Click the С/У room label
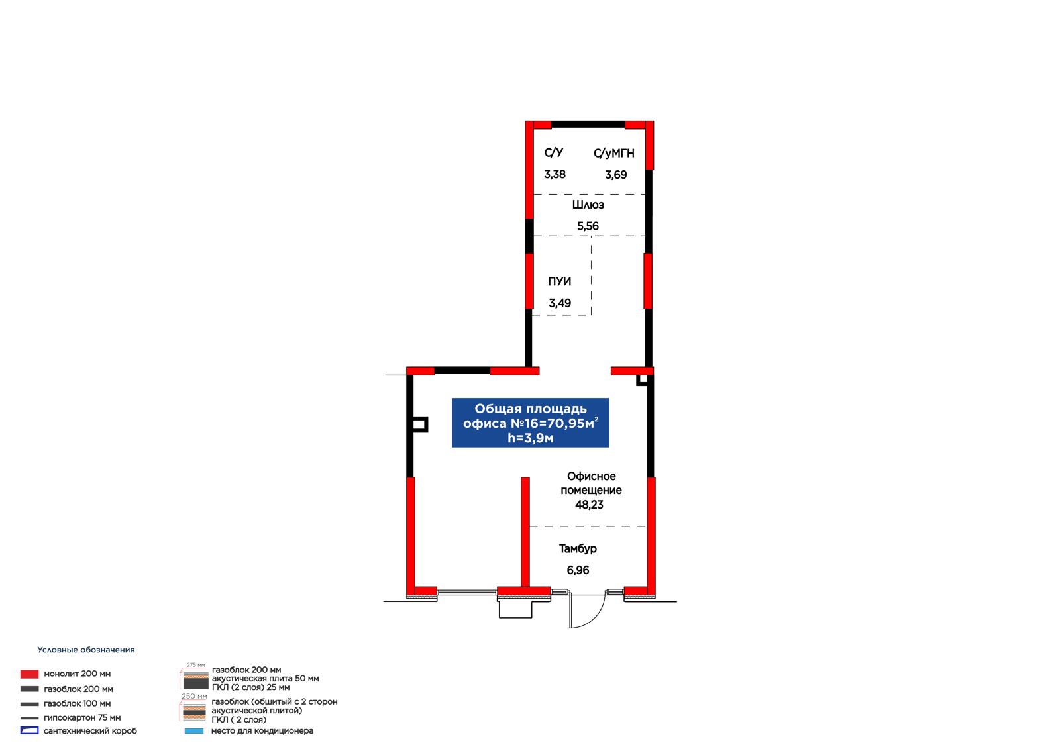click(554, 153)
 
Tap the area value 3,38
click(555, 175)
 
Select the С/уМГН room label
click(613, 153)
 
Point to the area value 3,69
click(615, 175)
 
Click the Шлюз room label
click(588, 205)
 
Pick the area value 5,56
click(588, 226)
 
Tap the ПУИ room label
click(559, 281)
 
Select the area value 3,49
click(559, 303)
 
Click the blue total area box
click(531, 423)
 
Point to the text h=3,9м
click(531, 438)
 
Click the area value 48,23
click(589, 505)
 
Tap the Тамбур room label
click(578, 548)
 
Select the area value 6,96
click(578, 570)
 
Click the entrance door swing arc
click(596, 619)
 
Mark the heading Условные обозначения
click(86, 650)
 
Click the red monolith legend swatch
click(29, 674)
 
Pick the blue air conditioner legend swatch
click(194, 731)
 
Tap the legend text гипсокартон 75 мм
click(82, 718)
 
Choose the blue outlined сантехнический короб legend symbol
click(29, 731)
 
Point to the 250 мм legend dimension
click(194, 697)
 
